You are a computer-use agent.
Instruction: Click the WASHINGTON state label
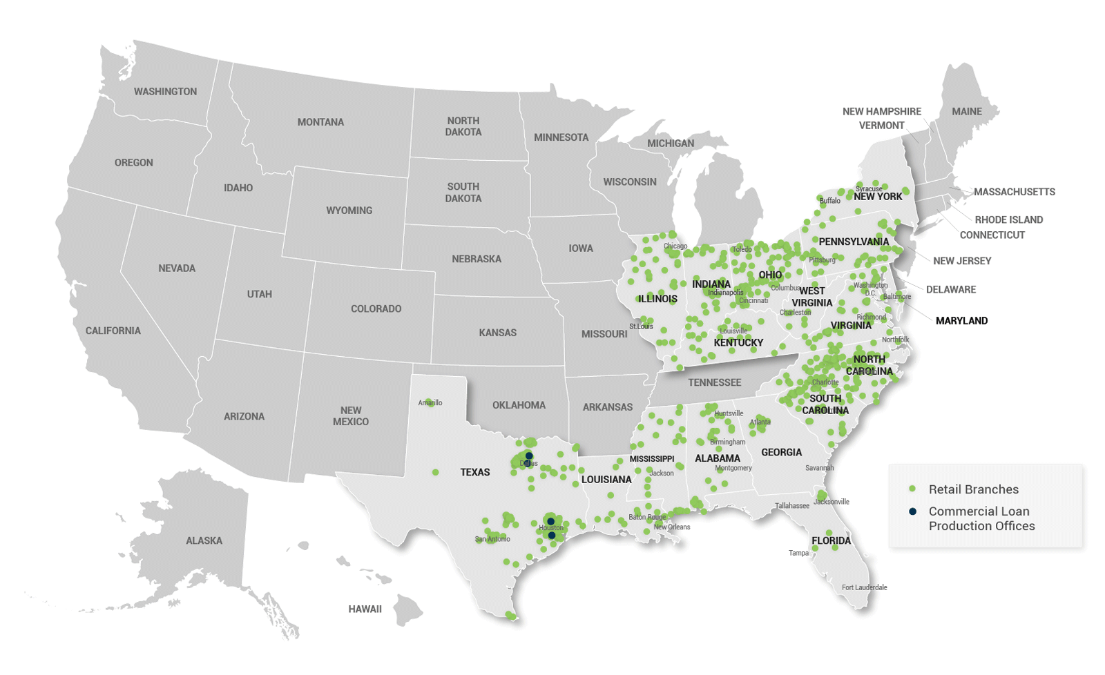(165, 91)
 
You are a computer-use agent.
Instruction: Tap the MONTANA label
(320, 122)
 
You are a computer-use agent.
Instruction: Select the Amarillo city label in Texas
(430, 403)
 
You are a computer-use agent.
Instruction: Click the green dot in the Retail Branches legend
(912, 489)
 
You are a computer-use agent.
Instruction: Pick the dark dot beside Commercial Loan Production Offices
(912, 511)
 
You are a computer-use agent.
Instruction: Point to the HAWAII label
(365, 609)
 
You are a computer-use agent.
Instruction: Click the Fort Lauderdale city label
(864, 587)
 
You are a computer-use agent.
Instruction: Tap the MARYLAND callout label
(961, 320)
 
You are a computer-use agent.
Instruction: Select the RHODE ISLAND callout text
(1008, 219)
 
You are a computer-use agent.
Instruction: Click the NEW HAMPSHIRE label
(881, 111)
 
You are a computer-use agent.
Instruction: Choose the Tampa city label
(798, 553)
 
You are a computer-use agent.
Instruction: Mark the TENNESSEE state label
(714, 382)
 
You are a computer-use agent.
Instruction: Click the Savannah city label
(819, 468)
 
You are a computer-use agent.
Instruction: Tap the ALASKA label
(204, 540)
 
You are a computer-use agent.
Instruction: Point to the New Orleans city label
(671, 527)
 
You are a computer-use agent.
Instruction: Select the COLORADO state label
(376, 309)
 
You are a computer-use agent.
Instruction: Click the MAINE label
(966, 111)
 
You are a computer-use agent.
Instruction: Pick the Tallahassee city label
(791, 506)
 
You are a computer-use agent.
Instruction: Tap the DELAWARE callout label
(950, 289)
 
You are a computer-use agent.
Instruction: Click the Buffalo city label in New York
(829, 201)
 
